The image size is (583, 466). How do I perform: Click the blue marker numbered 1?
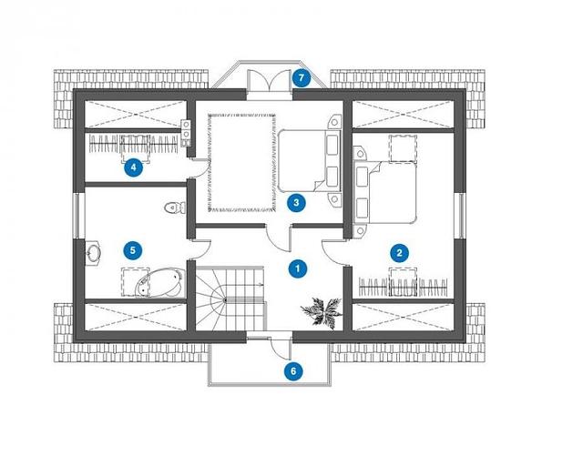pyautogui.click(x=298, y=268)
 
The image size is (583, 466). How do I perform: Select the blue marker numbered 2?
pyautogui.click(x=399, y=253)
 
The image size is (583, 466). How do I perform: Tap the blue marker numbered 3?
pyautogui.click(x=296, y=203)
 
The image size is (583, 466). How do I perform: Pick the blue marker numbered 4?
pyautogui.click(x=133, y=167)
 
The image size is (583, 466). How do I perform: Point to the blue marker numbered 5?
pyautogui.click(x=133, y=250)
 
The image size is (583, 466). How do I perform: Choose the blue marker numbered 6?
pyautogui.click(x=293, y=371)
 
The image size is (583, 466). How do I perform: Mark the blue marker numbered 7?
pyautogui.click(x=302, y=78)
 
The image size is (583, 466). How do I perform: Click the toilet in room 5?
pyautogui.click(x=175, y=208)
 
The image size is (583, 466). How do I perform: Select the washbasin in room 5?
pyautogui.click(x=93, y=253)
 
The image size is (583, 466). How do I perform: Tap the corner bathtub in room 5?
pyautogui.click(x=160, y=283)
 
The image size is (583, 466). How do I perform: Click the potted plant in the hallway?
pyautogui.click(x=322, y=311)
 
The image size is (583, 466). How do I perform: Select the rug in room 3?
pyautogui.click(x=242, y=163)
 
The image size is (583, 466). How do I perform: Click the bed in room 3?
pyautogui.click(x=309, y=160)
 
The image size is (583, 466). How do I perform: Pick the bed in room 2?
pyautogui.click(x=385, y=192)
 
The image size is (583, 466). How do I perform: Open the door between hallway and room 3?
pyautogui.click(x=279, y=238)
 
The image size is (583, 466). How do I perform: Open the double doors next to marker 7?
pyautogui.click(x=269, y=80)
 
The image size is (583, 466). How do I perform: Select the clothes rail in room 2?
pyautogui.click(x=403, y=287)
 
